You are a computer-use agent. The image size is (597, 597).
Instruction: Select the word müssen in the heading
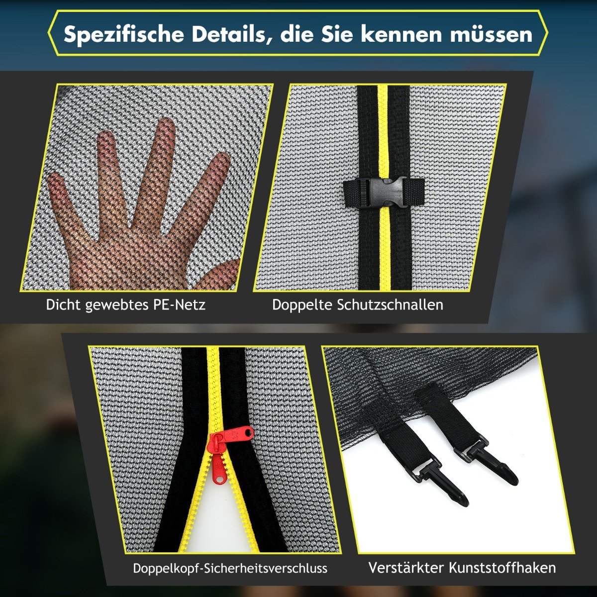tap(491, 34)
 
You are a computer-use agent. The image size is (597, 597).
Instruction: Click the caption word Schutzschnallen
tap(390, 305)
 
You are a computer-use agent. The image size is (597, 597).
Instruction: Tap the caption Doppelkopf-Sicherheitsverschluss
tap(230, 568)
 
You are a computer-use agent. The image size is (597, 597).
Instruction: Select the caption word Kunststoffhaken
tap(502, 568)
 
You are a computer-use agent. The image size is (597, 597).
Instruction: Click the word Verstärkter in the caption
tap(406, 568)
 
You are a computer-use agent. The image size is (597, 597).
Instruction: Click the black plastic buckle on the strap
tap(384, 192)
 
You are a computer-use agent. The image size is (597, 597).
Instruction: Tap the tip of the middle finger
tap(166, 122)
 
